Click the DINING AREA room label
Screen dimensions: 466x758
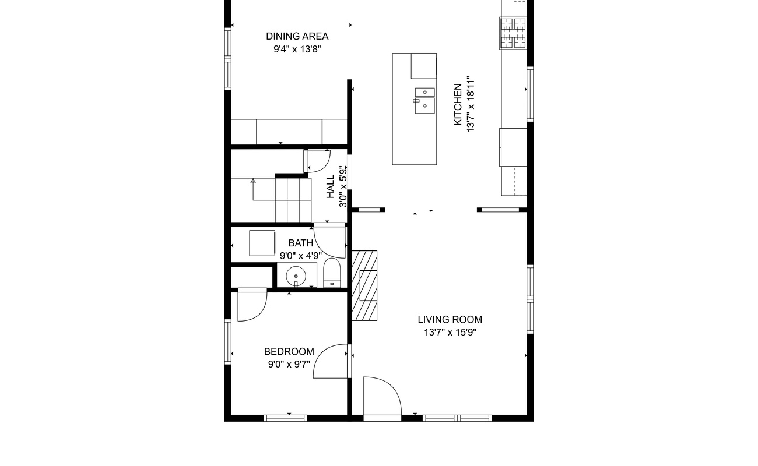(x=297, y=36)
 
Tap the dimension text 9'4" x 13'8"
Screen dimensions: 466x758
(x=297, y=50)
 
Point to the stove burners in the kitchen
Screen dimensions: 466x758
(x=513, y=33)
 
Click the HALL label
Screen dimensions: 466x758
(x=331, y=187)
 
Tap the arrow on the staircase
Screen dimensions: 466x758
(x=253, y=182)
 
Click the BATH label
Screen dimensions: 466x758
(x=300, y=243)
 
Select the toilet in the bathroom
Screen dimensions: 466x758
(x=332, y=274)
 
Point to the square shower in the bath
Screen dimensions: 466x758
(x=262, y=243)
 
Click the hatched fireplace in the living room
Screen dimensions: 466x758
(x=364, y=285)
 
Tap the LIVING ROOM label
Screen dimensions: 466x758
(x=450, y=319)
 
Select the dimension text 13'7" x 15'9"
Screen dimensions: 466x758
(x=450, y=333)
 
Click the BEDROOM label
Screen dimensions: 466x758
(x=289, y=351)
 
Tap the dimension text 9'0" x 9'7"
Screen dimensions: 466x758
(x=289, y=365)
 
